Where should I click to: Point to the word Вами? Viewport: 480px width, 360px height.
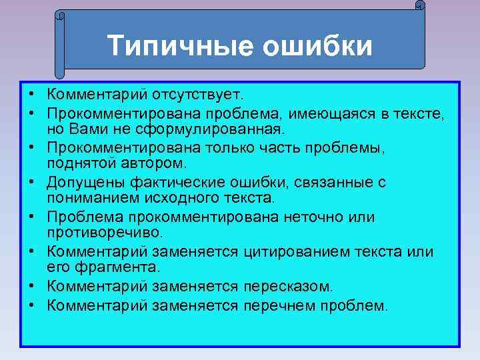(89, 126)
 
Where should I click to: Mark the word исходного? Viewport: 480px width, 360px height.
(177, 198)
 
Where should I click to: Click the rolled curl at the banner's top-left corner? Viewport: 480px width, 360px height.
(59, 15)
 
